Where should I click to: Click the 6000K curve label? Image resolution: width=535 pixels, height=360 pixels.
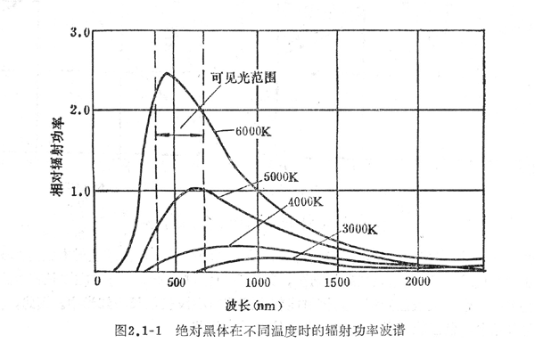tap(254, 131)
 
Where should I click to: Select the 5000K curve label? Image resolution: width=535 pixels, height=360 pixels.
tap(282, 176)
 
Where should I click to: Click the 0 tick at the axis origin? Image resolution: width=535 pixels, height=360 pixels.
tap(98, 282)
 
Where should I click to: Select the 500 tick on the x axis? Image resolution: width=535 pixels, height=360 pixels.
tap(177, 282)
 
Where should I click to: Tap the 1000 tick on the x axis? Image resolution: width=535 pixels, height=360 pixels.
tap(258, 282)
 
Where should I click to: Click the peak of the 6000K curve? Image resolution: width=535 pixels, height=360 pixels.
tap(168, 74)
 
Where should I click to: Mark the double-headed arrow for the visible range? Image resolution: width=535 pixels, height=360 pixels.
tap(179, 134)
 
